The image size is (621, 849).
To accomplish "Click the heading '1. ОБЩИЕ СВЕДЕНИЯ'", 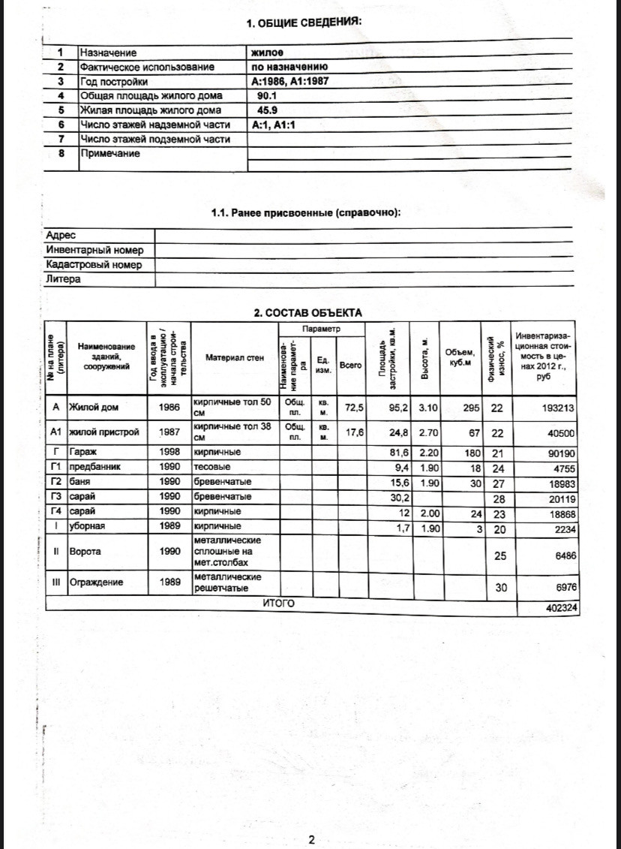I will click(x=304, y=23).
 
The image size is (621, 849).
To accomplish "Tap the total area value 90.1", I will click(x=267, y=96).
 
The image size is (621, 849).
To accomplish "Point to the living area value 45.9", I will click(x=267, y=110).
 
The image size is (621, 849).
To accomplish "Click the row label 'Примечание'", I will click(x=109, y=153).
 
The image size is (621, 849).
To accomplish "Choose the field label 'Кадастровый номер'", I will click(x=94, y=265).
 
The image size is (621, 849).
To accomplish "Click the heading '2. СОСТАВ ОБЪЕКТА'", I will click(x=307, y=313).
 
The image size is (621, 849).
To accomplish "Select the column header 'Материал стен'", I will click(x=234, y=358).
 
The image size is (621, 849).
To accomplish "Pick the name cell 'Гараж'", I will click(x=82, y=453).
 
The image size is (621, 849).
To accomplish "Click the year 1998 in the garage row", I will click(x=170, y=453).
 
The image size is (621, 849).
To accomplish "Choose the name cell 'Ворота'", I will click(x=85, y=551).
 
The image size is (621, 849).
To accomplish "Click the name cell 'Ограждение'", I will click(x=95, y=582).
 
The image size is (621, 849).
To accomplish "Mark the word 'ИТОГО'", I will click(x=278, y=603).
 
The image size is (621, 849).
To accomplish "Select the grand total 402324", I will click(x=562, y=609).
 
